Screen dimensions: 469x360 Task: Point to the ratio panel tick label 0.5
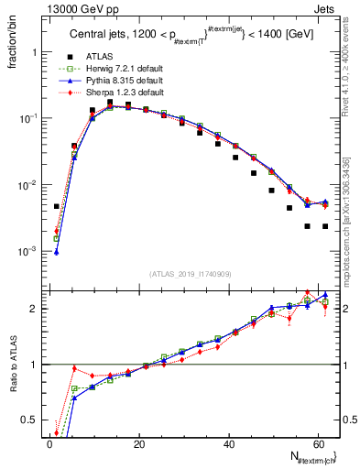pos(29,420)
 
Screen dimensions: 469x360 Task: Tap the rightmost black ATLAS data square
pos(325,226)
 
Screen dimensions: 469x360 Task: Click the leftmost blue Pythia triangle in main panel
pos(57,252)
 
